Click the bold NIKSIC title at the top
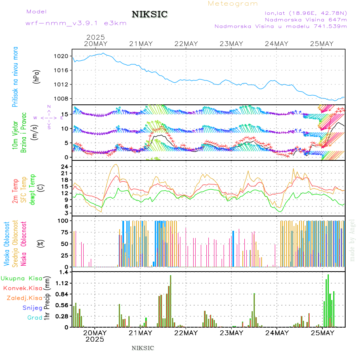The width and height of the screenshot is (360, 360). point(150,15)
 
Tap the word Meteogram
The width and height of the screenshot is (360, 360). point(233,4)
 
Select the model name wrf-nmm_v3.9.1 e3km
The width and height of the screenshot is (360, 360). point(76,23)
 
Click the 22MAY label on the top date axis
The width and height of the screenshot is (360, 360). point(186,44)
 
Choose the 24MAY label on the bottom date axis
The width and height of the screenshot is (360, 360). point(276,333)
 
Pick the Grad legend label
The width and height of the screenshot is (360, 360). point(34,318)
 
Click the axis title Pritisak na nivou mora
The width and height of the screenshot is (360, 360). point(15,78)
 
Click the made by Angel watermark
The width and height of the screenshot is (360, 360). point(352,240)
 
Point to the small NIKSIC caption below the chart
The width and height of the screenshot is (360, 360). point(143,348)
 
